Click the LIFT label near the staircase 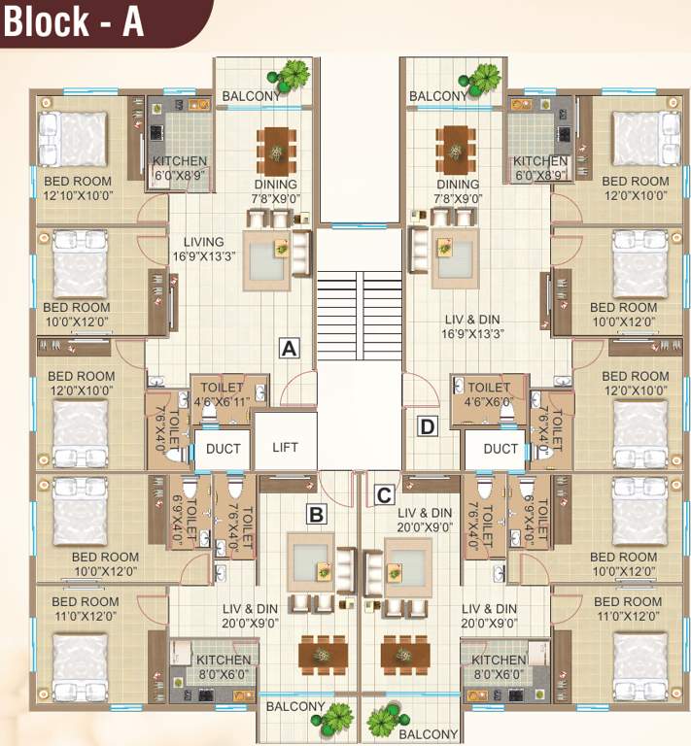[x=285, y=448]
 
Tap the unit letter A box [x=287, y=348]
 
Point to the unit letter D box [x=426, y=424]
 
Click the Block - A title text [x=74, y=22]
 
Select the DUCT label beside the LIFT [x=223, y=449]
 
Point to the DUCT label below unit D [x=501, y=449]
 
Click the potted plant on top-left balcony [x=294, y=74]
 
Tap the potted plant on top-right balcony [x=482, y=76]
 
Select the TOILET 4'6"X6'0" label [x=488, y=393]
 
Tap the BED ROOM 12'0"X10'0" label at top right [x=635, y=188]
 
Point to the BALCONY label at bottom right [x=428, y=734]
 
